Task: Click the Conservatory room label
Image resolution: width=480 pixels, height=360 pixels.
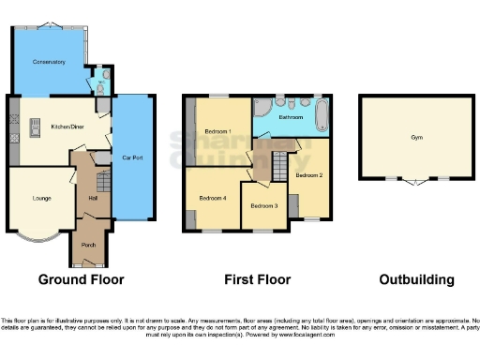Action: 49,62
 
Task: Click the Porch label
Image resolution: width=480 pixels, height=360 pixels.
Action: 89,245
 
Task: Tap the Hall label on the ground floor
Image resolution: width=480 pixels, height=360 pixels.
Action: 93,198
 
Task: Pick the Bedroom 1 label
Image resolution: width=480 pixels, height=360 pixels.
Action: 218,131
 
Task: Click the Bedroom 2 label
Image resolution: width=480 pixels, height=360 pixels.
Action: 309,175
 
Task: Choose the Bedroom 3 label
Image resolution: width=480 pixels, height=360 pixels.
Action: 263,205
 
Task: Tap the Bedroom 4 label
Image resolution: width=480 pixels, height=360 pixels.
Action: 212,198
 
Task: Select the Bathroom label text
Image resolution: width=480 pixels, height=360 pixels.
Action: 290,118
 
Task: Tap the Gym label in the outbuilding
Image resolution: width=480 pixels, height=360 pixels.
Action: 416,137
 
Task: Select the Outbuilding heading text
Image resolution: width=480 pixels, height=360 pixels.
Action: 416,279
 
